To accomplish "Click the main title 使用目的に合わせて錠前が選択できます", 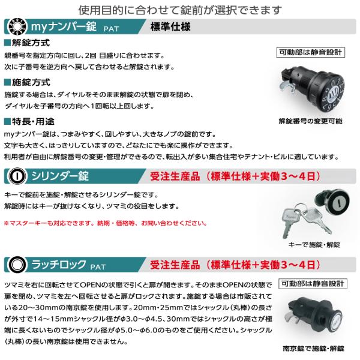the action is (x=180, y=10).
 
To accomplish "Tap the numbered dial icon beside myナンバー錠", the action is (x=17, y=26).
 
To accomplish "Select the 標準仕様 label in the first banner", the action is (x=170, y=27).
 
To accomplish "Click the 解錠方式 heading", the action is (x=27, y=43).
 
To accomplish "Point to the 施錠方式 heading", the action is (x=27, y=82).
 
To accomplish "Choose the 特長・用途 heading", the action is (x=29, y=121).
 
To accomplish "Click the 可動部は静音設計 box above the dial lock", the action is (x=310, y=53).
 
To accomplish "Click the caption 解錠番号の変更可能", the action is (x=310, y=121).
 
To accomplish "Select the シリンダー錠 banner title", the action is (x=60, y=176).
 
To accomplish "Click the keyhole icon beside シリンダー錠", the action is (x=17, y=176).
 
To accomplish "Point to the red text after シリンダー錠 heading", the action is (x=235, y=176).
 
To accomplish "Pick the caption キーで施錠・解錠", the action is (x=314, y=245).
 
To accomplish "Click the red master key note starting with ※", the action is (x=106, y=223).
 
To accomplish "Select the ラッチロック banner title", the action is (x=59, y=265).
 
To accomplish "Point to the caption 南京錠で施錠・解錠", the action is (x=314, y=349).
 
